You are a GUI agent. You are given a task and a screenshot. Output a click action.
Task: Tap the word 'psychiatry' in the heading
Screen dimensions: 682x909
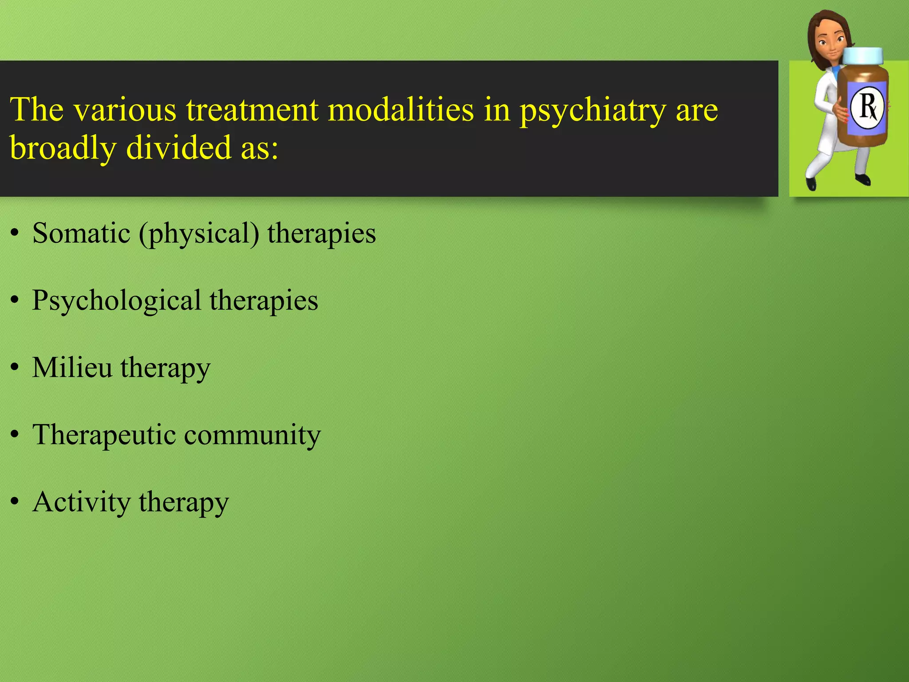(x=593, y=111)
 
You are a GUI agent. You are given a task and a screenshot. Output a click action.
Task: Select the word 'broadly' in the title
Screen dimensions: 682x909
(x=63, y=149)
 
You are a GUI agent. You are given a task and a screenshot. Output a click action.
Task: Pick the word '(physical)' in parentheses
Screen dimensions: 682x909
(x=199, y=234)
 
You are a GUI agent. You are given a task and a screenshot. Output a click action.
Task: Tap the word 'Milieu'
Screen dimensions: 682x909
(x=72, y=368)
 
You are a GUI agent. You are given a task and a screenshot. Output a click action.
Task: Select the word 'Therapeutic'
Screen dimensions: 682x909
(x=104, y=435)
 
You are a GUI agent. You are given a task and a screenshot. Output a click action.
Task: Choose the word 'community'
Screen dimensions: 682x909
(x=252, y=435)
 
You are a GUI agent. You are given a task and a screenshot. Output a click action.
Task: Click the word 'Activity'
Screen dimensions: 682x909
(x=81, y=503)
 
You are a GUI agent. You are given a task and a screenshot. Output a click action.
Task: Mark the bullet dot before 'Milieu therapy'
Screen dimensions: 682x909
(x=15, y=368)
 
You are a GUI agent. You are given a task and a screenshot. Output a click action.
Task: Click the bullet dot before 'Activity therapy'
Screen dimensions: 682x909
(x=15, y=502)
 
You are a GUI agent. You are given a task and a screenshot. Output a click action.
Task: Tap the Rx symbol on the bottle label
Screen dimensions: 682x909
(x=867, y=107)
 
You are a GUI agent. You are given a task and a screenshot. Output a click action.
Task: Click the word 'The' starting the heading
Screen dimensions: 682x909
(x=37, y=110)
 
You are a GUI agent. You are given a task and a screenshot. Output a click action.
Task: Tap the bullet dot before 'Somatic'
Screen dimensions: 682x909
(x=15, y=234)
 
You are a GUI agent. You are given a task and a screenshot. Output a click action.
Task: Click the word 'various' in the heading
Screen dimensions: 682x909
(x=125, y=110)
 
